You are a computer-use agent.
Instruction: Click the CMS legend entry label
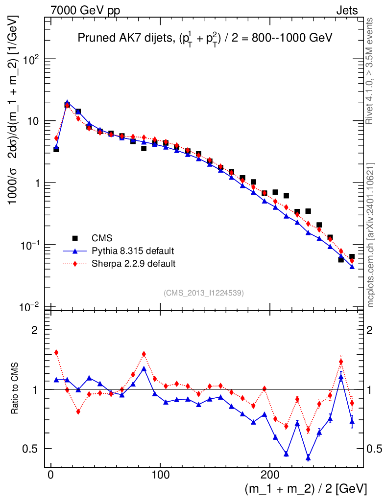coord(102,238)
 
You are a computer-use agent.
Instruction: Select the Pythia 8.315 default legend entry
coord(132,251)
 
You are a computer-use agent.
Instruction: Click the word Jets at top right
coord(346,11)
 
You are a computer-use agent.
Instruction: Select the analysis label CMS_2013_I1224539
coord(204,293)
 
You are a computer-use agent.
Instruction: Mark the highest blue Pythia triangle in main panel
coord(67,103)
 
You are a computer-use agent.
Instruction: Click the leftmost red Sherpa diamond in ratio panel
coord(56,352)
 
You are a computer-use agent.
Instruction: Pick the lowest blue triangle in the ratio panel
coord(308,458)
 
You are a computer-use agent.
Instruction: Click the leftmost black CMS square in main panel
coord(56,149)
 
